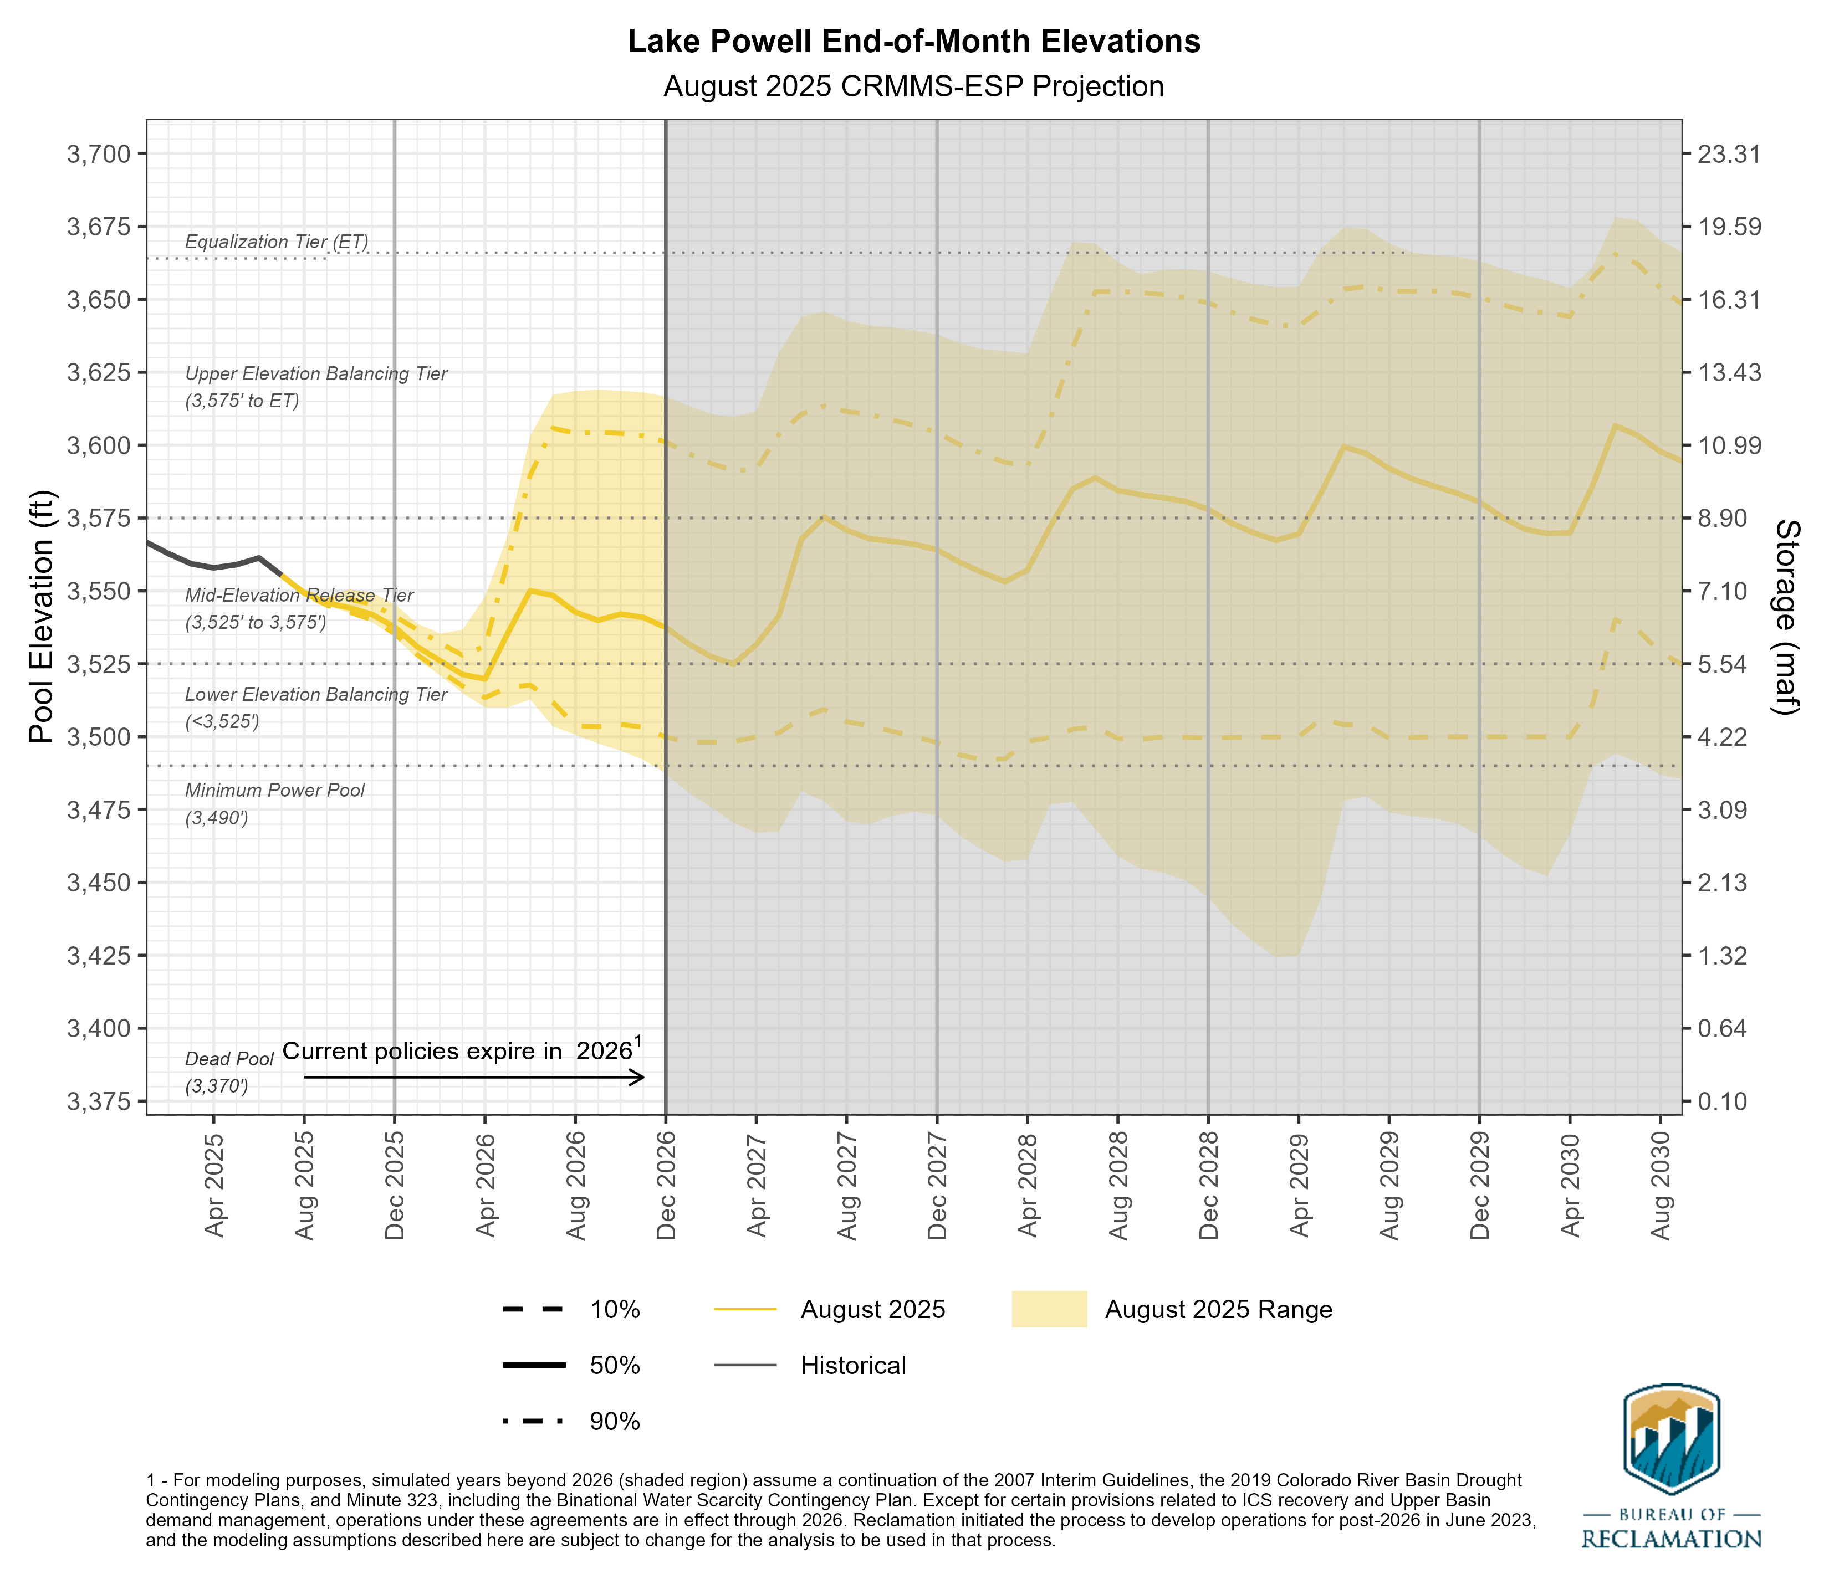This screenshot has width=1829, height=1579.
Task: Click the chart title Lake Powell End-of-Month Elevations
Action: (x=913, y=42)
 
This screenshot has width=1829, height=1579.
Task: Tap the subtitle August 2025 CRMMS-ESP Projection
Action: (x=913, y=86)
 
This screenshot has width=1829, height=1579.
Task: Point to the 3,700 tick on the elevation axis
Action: (x=98, y=155)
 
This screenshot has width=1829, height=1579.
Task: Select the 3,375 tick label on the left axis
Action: (x=98, y=1101)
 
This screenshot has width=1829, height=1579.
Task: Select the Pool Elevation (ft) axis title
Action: (x=40, y=616)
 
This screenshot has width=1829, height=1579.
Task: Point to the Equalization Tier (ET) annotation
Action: (x=277, y=242)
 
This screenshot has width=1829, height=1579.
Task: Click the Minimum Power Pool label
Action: (x=274, y=791)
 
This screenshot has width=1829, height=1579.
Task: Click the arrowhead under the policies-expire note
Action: (x=640, y=1077)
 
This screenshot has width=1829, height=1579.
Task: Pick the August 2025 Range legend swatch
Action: (x=1049, y=1310)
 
